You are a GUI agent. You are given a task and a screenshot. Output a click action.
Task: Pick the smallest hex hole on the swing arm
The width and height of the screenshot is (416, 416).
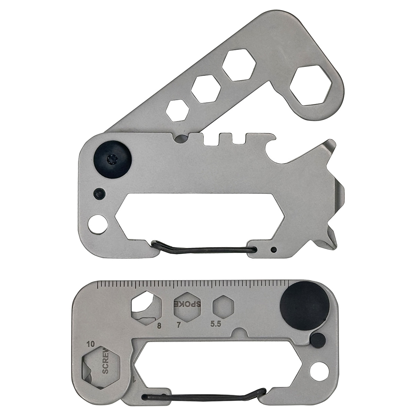click(177, 110)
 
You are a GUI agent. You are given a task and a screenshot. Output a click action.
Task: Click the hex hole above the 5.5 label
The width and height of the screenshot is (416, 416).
click(223, 306)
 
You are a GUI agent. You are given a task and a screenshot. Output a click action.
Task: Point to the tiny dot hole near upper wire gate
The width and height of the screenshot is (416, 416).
click(274, 249)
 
